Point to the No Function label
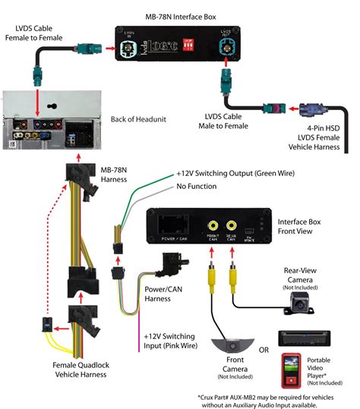[x=206, y=186]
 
